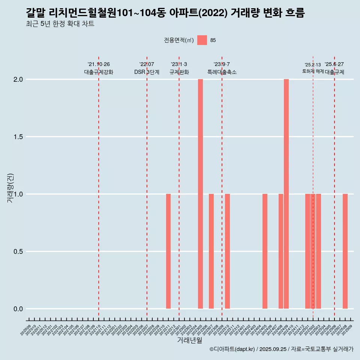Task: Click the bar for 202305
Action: pyautogui.click(x=200, y=194)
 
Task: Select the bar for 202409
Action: pyautogui.click(x=286, y=194)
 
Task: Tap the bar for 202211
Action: pyautogui.click(x=168, y=251)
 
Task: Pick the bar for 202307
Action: pyautogui.click(x=211, y=251)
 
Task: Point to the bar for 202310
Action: pyautogui.click(x=227, y=251)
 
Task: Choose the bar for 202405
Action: pyautogui.click(x=265, y=251)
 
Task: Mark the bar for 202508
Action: pyautogui.click(x=345, y=251)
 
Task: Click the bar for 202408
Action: pyautogui.click(x=281, y=251)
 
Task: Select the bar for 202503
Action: pyautogui.click(x=318, y=251)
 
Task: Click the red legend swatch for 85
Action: pyautogui.click(x=202, y=40)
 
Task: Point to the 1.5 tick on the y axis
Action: pyautogui.click(x=18, y=137)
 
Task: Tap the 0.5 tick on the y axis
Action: pyautogui.click(x=18, y=252)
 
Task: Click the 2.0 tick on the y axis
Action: pyautogui.click(x=18, y=79)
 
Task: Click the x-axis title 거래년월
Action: pyautogui.click(x=189, y=340)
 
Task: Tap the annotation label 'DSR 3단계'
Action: pyautogui.click(x=147, y=72)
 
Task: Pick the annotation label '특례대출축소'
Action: pyautogui.click(x=222, y=72)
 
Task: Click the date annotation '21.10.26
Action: pyautogui.click(x=99, y=64)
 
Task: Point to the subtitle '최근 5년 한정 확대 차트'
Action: pyautogui.click(x=60, y=24)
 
